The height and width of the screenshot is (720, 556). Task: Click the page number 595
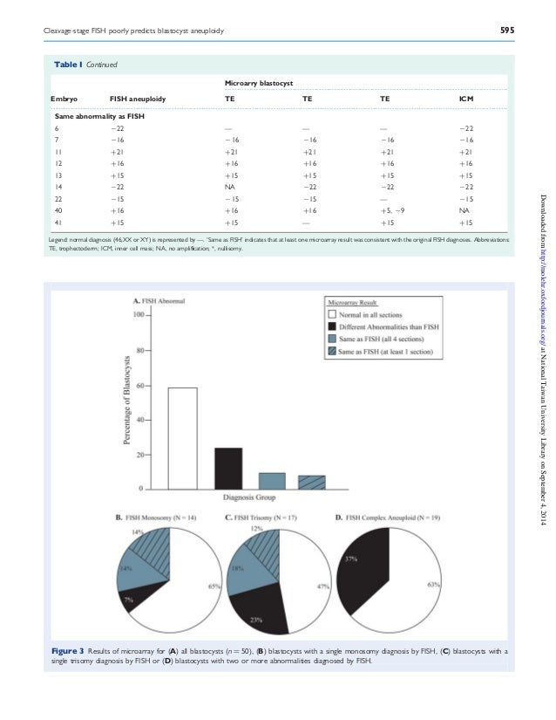coord(506,31)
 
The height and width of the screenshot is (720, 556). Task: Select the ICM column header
coord(466,99)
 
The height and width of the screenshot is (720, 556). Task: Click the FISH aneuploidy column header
coord(138,99)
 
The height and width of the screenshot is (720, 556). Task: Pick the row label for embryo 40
coord(58,210)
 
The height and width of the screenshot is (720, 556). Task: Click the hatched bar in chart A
coord(311,482)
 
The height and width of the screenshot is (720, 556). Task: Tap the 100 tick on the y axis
coord(138,314)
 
